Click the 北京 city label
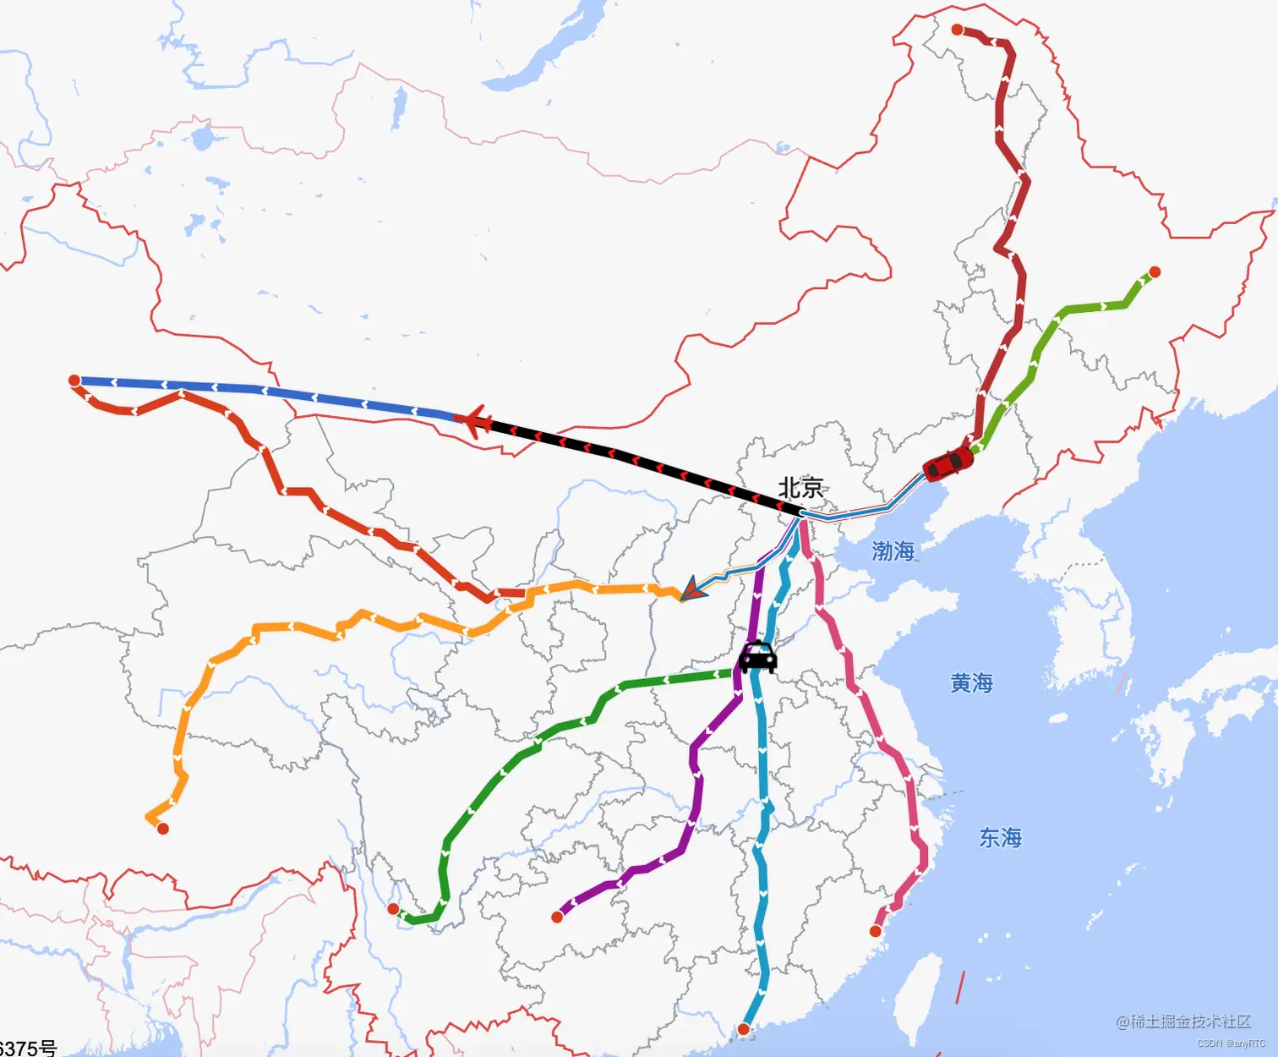click(800, 488)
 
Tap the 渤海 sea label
click(893, 551)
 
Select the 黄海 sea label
click(971, 682)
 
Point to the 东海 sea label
click(1000, 837)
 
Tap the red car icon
click(948, 463)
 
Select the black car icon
click(757, 657)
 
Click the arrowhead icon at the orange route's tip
click(691, 589)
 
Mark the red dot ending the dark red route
click(957, 30)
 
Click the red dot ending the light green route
click(1155, 272)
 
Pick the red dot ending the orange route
click(163, 829)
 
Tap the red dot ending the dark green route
click(393, 909)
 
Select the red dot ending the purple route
click(557, 917)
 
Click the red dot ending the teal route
click(743, 1029)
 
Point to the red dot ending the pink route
click(876, 931)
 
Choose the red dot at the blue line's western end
click(74, 381)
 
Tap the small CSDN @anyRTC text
click(1231, 1043)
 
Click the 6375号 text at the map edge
click(28, 1048)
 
